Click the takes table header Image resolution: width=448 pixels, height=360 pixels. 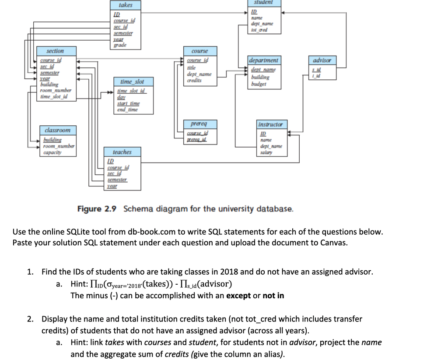tap(125, 5)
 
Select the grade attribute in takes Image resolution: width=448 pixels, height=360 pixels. tap(120, 45)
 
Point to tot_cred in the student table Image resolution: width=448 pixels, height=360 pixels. tap(260, 30)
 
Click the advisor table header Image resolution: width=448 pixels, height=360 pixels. tap(322, 60)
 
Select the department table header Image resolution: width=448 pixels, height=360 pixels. tap(263, 60)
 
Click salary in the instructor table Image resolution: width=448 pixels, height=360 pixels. tap(266, 152)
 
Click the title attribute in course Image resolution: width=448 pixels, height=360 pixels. tap(191, 68)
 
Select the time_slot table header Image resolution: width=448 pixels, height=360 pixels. tap(132, 82)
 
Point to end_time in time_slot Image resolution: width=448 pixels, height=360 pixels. tap(127, 110)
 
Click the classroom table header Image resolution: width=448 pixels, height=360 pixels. tap(58, 131)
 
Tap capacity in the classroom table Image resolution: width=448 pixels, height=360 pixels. tap(52, 152)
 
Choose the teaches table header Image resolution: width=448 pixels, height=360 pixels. tap(122, 152)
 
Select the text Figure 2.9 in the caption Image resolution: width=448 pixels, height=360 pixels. tap(97, 208)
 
